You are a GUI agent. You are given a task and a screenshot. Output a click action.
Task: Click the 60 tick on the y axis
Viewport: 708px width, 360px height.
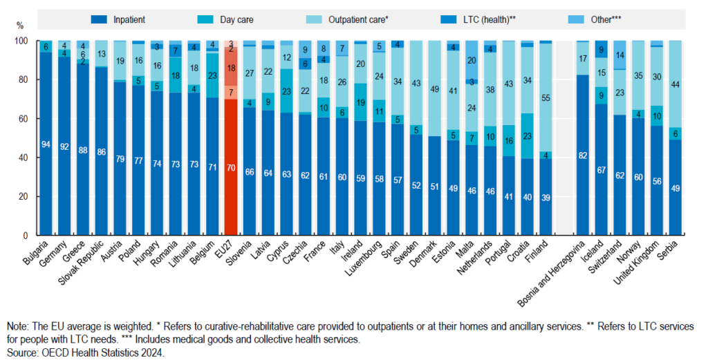26,119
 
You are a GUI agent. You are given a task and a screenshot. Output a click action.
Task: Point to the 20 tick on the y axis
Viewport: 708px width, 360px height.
26,196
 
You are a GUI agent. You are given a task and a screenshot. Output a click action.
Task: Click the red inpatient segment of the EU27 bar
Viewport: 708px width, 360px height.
232,167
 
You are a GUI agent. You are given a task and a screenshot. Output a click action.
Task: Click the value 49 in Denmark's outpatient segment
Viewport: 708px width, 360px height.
435,89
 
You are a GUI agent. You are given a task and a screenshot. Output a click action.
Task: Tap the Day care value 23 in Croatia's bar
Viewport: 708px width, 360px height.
528,135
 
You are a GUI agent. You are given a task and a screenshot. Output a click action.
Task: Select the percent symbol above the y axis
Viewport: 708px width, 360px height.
19,26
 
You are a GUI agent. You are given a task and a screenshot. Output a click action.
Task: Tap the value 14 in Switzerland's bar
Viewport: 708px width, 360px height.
620,55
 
